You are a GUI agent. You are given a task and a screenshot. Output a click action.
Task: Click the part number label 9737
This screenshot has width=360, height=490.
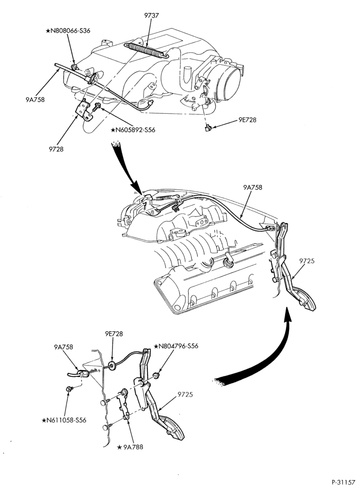[151, 15]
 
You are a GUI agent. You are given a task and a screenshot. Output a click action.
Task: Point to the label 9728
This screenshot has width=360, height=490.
[56, 149]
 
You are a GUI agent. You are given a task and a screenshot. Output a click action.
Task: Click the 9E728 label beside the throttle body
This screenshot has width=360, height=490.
[247, 120]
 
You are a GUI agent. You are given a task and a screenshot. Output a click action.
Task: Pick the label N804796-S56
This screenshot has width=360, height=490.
[176, 346]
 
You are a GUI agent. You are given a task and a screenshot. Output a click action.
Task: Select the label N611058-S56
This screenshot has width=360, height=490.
[64, 420]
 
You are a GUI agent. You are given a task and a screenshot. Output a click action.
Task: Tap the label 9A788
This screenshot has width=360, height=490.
[130, 447]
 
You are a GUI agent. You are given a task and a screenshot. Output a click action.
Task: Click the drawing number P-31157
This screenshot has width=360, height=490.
[343, 482]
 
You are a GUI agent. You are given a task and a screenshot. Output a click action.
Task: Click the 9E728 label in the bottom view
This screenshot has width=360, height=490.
[114, 334]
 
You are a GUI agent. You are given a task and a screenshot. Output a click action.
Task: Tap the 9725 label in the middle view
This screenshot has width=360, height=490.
[306, 261]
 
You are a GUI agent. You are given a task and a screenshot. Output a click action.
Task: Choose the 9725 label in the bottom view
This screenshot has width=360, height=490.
[185, 395]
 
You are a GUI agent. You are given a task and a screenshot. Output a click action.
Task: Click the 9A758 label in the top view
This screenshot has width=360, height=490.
[35, 100]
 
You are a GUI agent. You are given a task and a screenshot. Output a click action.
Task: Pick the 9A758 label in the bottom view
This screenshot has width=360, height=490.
[63, 347]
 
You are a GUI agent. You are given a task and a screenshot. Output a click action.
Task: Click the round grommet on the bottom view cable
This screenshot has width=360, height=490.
[112, 365]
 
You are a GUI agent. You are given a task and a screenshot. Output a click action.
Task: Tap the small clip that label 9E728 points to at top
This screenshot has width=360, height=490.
[208, 127]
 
